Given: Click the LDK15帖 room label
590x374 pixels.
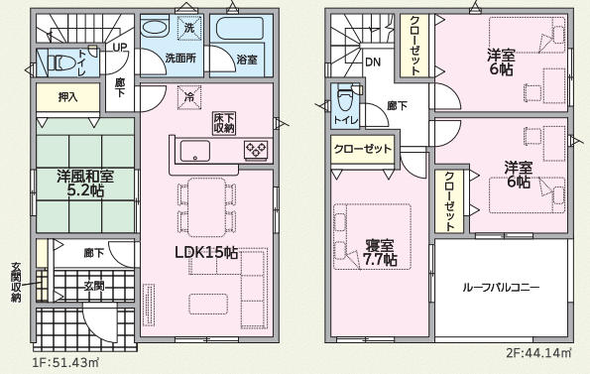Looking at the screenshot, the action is [206, 252].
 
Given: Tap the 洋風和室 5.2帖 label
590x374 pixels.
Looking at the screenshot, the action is [85, 184].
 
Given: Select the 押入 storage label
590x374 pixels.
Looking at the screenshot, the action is [68, 97].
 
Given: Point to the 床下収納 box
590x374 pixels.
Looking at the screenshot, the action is [224, 123].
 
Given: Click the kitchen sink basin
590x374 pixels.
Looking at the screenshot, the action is [195, 151].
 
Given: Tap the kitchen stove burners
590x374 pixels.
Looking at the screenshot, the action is [256, 149].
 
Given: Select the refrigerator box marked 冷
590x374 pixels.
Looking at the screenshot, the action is [189, 97].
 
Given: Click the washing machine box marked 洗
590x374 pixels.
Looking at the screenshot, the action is [189, 28].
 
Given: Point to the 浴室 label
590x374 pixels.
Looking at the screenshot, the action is [247, 60].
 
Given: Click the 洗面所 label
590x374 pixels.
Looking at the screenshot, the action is [180, 59].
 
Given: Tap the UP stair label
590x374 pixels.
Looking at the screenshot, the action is [120, 48].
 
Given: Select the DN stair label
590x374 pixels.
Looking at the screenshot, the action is [373, 62].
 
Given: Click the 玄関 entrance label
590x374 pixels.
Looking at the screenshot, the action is [93, 287].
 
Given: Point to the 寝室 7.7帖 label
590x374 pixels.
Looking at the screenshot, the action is [380, 253].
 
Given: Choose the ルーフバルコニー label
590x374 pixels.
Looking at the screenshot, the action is [501, 288].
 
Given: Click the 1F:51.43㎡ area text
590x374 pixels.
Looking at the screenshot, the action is [66, 363].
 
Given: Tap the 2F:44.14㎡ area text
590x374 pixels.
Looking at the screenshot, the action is [538, 353].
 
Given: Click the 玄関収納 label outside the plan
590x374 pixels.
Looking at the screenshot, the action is [16, 282].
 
